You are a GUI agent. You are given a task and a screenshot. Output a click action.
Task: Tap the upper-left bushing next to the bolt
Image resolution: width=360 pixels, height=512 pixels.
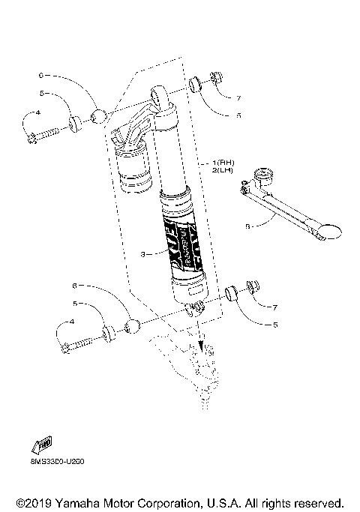(x=75, y=122)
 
